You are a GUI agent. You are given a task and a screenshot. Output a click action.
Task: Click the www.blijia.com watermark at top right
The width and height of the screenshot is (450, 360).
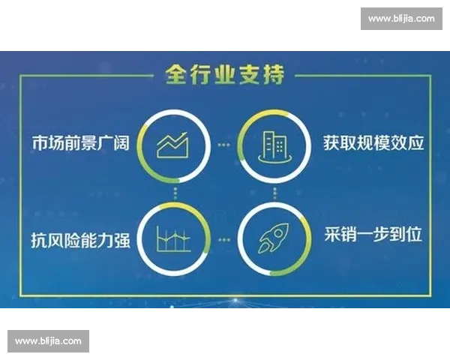(x=401, y=19)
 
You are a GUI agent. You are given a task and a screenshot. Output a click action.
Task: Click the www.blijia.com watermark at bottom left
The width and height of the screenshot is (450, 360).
(x=48, y=341)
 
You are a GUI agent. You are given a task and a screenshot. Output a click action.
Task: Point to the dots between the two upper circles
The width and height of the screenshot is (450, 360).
(x=225, y=144)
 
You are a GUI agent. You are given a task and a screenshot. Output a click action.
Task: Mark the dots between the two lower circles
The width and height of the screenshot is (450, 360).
(x=225, y=240)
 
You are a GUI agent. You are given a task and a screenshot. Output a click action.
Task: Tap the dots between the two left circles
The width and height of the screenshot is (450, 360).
(x=177, y=192)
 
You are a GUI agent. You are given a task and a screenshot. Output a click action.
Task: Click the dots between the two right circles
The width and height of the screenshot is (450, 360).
(x=274, y=192)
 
